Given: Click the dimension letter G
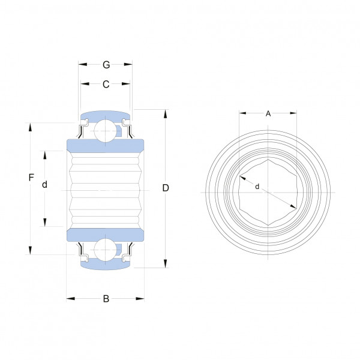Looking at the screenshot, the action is point(106,65).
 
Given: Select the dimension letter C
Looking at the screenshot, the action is point(106,84).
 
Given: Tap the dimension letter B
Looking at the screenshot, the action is point(106,299).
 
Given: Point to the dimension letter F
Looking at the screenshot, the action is point(31,178).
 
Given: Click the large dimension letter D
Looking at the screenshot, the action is point(166,188).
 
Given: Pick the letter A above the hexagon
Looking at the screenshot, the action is point(268,113).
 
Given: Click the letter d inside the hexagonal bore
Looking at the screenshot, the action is point(257,187).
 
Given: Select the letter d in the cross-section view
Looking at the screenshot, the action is point(44,184).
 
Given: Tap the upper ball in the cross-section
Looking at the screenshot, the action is point(106,131).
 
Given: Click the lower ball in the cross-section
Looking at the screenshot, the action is point(106,250).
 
